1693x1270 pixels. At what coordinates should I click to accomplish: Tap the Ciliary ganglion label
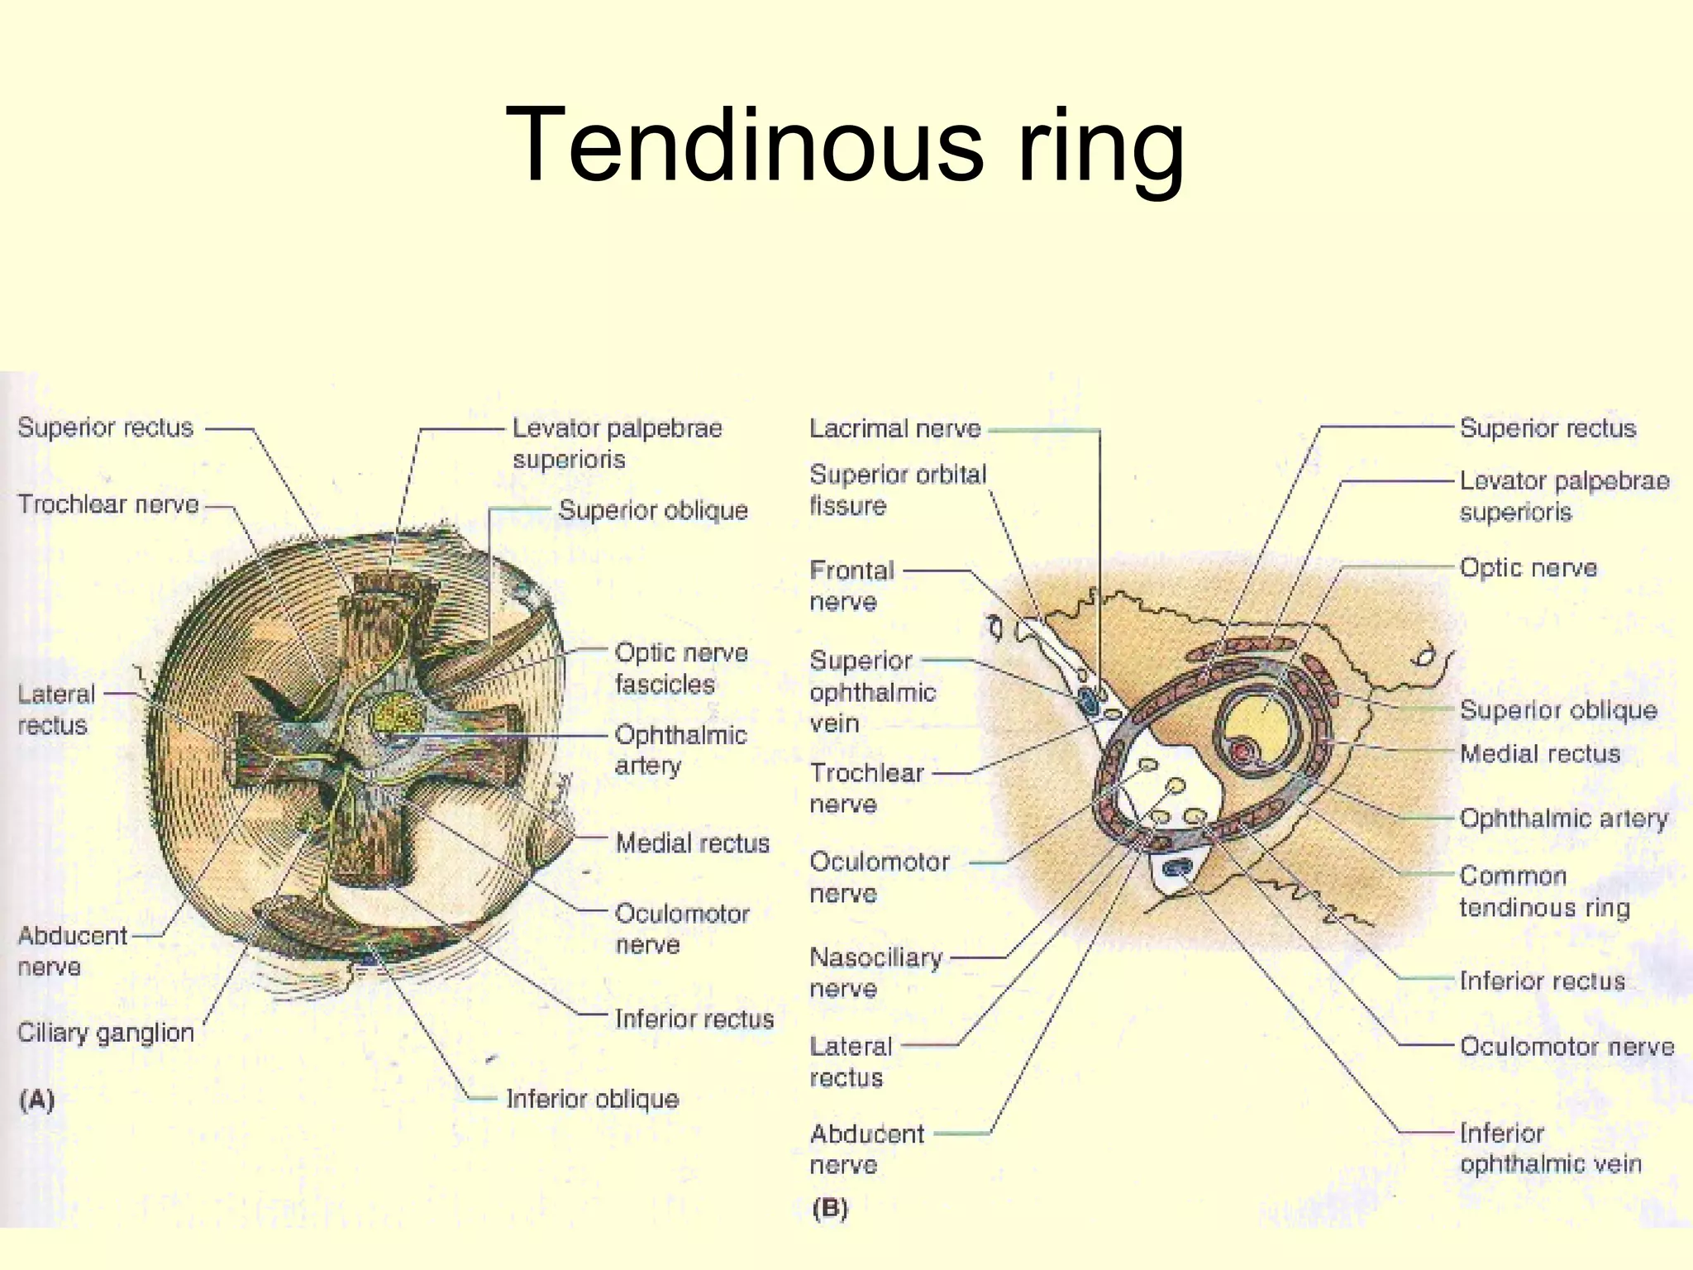(x=106, y=1033)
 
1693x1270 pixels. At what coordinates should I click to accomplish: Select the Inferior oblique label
(x=592, y=1099)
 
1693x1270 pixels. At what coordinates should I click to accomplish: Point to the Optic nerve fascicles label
(x=681, y=668)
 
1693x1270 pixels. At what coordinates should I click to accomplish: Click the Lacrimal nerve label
(x=894, y=428)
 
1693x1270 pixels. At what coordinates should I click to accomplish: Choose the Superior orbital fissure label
(x=898, y=489)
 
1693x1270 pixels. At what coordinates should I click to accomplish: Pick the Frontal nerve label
(x=851, y=585)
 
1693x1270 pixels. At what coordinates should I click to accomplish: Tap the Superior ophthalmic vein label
(x=873, y=691)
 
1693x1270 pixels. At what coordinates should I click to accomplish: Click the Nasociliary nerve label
(x=876, y=972)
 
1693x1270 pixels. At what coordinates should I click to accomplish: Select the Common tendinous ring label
(x=1544, y=891)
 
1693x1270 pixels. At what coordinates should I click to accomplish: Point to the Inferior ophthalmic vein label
(x=1550, y=1148)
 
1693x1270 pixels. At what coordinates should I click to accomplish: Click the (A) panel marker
(x=36, y=1100)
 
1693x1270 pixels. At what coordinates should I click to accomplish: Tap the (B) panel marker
(x=830, y=1209)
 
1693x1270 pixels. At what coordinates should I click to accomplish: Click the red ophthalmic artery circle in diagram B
(x=1242, y=752)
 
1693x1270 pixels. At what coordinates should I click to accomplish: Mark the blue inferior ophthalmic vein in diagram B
(x=1177, y=868)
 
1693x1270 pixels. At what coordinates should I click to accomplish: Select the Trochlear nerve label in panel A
(x=108, y=504)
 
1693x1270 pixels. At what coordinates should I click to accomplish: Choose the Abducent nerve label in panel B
(x=866, y=1149)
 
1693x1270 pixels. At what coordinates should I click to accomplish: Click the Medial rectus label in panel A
(x=693, y=843)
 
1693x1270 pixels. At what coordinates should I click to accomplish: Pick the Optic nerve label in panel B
(x=1528, y=568)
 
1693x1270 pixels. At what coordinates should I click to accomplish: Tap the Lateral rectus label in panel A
(x=56, y=709)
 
